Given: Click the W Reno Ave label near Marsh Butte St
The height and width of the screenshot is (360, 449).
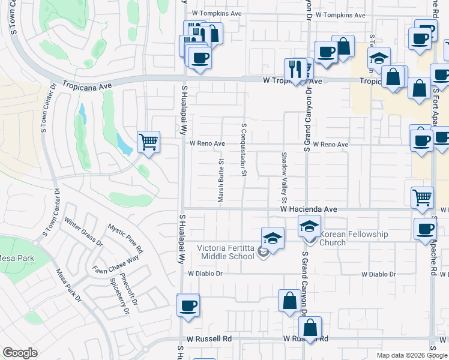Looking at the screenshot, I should pyautogui.click(x=207, y=144).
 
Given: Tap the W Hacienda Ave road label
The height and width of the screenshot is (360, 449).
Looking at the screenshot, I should pyautogui.click(x=304, y=209).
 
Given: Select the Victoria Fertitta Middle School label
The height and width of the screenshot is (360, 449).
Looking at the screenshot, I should pyautogui.click(x=226, y=251).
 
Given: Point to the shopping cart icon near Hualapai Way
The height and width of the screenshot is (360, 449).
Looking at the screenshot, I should pyautogui.click(x=148, y=142).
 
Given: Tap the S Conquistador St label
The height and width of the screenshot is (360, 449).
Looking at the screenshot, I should pyautogui.click(x=244, y=150).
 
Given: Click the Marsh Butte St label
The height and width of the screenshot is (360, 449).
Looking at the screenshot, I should pyautogui.click(x=221, y=180).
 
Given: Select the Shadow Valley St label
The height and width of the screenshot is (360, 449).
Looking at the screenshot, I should pyautogui.click(x=285, y=176).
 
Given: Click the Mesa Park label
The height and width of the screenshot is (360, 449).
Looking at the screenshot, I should pyautogui.click(x=16, y=259).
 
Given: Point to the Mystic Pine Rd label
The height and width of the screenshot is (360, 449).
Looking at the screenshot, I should pyautogui.click(x=125, y=238).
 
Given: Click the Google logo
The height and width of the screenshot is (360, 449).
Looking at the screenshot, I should pyautogui.click(x=20, y=353).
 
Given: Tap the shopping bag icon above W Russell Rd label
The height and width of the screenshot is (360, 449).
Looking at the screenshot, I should pyautogui.click(x=310, y=328).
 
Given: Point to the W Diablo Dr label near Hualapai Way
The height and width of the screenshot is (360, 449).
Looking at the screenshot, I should pyautogui.click(x=205, y=273).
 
